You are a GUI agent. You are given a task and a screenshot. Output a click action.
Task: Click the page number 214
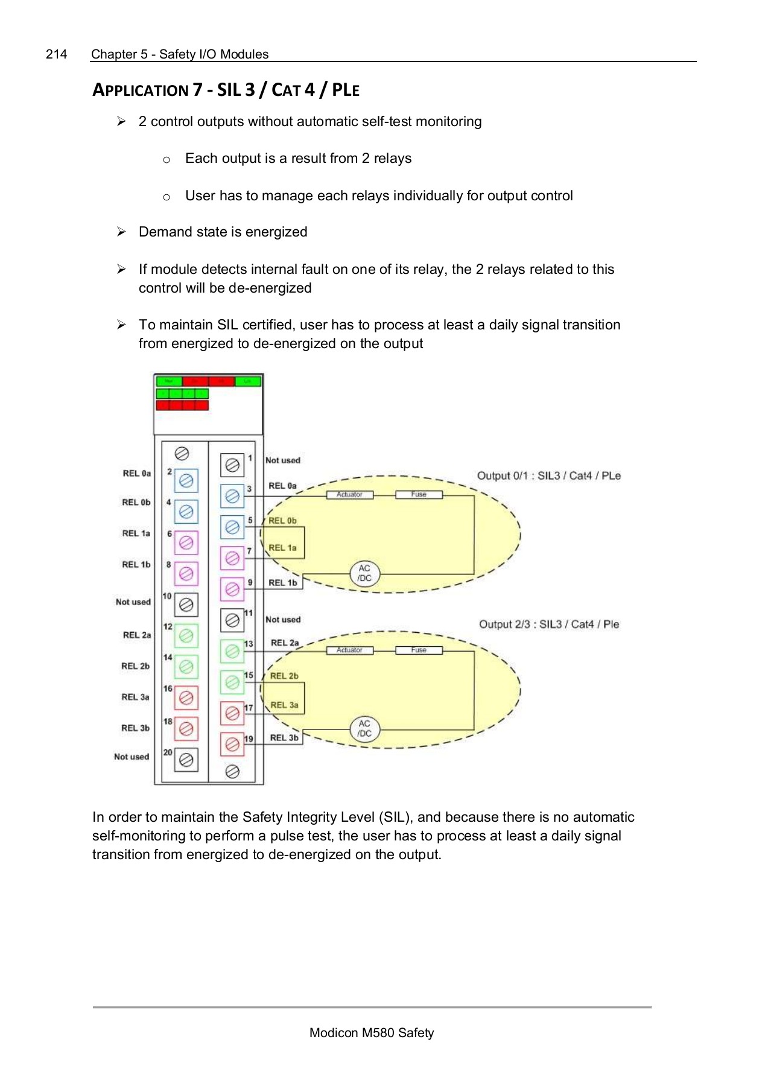[x=56, y=54]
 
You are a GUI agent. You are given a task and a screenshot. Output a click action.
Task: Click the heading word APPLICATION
[x=140, y=91]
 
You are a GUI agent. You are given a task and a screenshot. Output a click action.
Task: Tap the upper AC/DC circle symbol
[x=364, y=573]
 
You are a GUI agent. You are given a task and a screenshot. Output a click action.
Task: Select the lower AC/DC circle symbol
[x=364, y=729]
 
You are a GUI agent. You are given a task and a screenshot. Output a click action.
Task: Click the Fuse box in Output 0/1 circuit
[x=419, y=495]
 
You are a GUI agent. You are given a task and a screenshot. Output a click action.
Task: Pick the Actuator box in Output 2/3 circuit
[x=349, y=650]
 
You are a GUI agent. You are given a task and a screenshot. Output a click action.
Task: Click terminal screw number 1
[x=232, y=465]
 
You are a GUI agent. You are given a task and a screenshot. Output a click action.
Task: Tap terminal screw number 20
[x=186, y=760]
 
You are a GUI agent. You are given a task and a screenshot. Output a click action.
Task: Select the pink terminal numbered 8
[x=186, y=573]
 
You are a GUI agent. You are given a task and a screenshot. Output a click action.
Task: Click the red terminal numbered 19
[x=232, y=745]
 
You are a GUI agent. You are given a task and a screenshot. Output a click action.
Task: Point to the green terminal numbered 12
[x=186, y=635]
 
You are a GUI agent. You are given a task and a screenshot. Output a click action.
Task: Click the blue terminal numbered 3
[x=232, y=496]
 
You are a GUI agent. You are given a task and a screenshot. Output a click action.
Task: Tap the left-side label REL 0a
[x=137, y=474]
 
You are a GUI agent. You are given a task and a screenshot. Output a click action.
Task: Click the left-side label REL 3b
[x=135, y=728]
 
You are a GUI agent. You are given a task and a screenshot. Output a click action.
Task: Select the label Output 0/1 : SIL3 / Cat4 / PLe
[x=548, y=476]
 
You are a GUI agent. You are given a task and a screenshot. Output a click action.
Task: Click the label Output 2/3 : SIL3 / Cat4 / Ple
[x=548, y=624]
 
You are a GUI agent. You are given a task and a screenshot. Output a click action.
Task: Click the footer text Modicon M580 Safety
[x=371, y=1033]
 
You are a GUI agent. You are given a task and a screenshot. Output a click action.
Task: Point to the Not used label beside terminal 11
[x=283, y=620]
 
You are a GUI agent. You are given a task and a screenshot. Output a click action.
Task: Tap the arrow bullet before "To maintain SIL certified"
[x=121, y=325]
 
